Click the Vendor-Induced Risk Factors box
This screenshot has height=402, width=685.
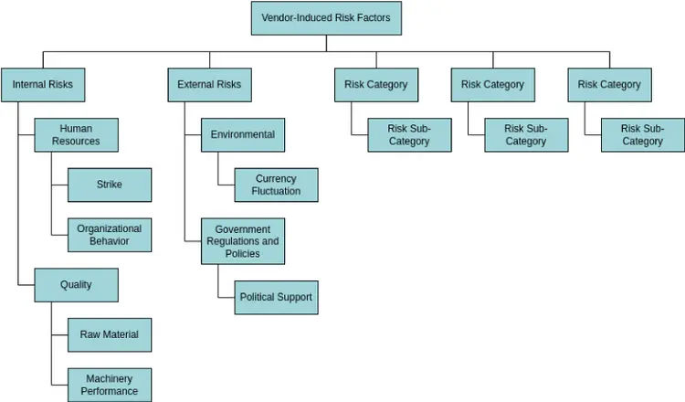point(326,17)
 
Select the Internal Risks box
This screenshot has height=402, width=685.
point(42,85)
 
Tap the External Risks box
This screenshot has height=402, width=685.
point(209,85)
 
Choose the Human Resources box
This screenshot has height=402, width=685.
point(76,135)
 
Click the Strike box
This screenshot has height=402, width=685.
point(110,185)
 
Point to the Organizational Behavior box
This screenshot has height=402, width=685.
point(110,235)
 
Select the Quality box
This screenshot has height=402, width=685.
point(76,285)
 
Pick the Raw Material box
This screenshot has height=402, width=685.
point(110,334)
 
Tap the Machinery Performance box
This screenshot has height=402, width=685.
point(110,385)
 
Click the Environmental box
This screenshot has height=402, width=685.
point(242,135)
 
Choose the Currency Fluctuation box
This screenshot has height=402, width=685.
point(276,185)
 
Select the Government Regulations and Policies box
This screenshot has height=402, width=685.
point(242,241)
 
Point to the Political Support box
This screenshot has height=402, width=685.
point(276,297)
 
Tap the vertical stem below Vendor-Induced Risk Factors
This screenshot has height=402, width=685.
point(326,43)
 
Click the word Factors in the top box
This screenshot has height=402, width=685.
point(372,17)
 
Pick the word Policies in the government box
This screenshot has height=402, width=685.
point(242,254)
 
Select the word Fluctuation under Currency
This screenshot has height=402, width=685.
point(276,192)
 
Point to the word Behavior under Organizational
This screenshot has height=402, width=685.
point(110,241)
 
